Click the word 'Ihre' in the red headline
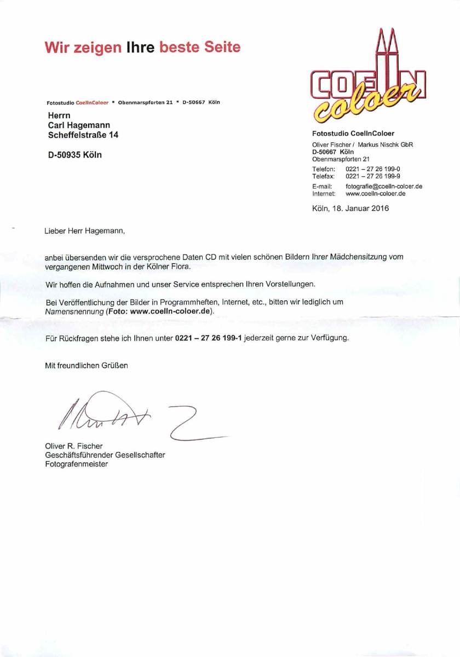pyautogui.click(x=141, y=47)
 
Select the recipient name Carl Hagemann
pyautogui.click(x=79, y=125)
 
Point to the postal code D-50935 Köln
pyautogui.click(x=75, y=155)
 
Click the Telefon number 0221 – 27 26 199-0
pyautogui.click(x=373, y=170)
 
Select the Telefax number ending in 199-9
pyautogui.click(x=373, y=176)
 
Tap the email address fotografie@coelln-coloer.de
pyautogui.click(x=383, y=187)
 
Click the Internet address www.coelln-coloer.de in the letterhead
pyautogui.click(x=375, y=193)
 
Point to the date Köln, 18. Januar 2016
pyautogui.click(x=350, y=208)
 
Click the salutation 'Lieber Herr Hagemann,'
pyautogui.click(x=85, y=231)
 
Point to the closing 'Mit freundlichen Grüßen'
pyautogui.click(x=87, y=365)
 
